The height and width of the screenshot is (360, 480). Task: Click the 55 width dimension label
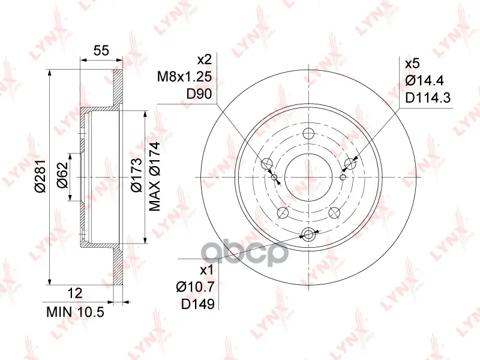coord(101,50)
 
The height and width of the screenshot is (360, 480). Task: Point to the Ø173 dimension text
coord(136,175)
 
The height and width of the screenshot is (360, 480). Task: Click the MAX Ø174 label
coord(155,176)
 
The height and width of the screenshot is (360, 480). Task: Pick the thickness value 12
coord(74,293)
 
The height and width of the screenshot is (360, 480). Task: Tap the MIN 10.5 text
coord(76,312)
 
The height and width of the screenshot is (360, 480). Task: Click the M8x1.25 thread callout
coord(184,77)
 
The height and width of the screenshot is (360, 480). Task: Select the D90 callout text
coord(199,94)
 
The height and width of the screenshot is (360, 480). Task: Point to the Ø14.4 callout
coord(424,81)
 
